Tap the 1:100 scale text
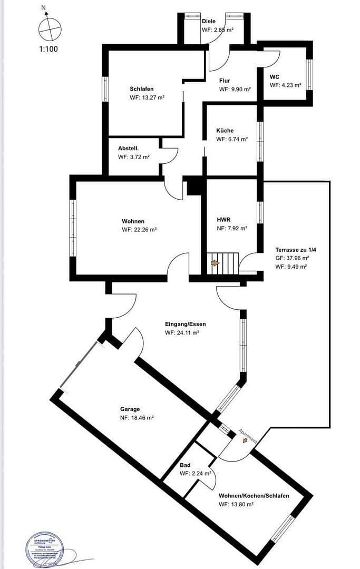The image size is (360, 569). pos(48,49)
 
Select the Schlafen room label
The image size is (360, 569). pos(142,89)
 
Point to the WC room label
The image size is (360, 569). pos(274,76)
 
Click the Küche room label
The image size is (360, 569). pos(225,131)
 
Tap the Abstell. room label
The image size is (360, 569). pos(128,149)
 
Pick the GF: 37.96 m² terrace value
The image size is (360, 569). pos(292,258)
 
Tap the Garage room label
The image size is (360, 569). pos(130,409)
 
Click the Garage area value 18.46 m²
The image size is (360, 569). pos(137,418)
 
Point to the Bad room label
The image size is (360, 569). pos(185,465)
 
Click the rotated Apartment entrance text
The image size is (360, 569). pos(248,436)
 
